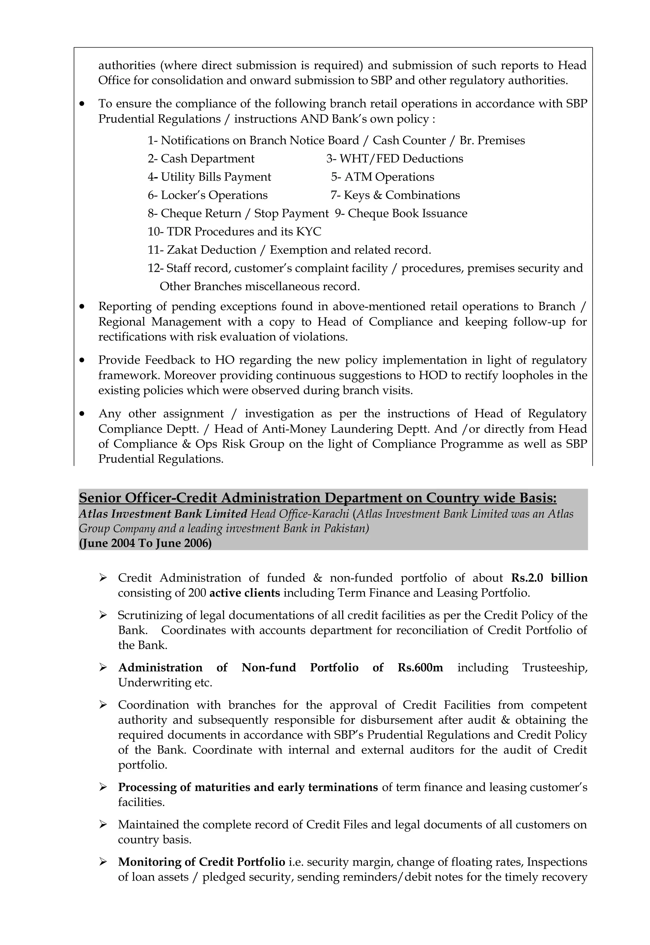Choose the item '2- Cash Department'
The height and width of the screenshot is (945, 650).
tap(201, 158)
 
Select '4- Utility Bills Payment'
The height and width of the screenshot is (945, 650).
tap(209, 177)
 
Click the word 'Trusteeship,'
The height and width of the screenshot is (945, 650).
tap(555, 667)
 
